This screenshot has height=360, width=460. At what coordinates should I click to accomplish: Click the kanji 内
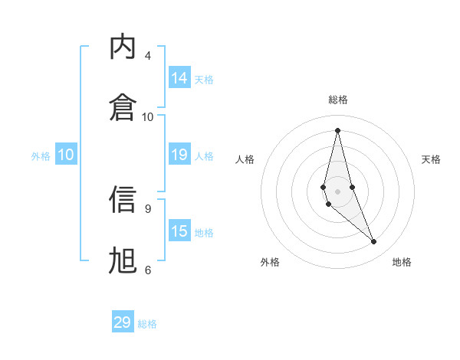pyautogui.click(x=123, y=47)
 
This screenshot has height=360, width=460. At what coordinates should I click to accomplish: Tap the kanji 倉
pyautogui.click(x=123, y=105)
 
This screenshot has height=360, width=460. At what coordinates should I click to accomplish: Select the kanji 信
pyautogui.click(x=123, y=200)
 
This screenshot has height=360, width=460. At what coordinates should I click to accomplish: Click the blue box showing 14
pyautogui.click(x=179, y=78)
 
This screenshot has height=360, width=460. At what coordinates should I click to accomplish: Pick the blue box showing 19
pyautogui.click(x=179, y=155)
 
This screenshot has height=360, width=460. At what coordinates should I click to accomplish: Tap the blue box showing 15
pyautogui.click(x=179, y=231)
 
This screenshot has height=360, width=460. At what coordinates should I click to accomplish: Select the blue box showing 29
pyautogui.click(x=123, y=322)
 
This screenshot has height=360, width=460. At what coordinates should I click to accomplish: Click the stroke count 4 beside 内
pyautogui.click(x=147, y=56)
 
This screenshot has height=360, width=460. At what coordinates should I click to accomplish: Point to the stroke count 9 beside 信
pyautogui.click(x=147, y=208)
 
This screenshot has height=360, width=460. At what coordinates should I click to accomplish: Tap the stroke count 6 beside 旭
pyautogui.click(x=147, y=269)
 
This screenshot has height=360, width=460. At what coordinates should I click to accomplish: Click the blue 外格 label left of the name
pyautogui.click(x=41, y=156)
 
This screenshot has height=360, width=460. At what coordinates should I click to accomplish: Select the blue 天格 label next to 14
pyautogui.click(x=204, y=79)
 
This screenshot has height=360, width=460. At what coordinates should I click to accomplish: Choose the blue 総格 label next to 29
pyautogui.click(x=147, y=324)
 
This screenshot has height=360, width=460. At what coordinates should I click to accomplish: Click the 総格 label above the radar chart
pyautogui.click(x=338, y=100)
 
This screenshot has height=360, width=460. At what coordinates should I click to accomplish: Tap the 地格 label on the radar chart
pyautogui.click(x=402, y=262)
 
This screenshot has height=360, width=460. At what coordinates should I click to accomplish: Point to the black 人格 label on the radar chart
pyautogui.click(x=245, y=159)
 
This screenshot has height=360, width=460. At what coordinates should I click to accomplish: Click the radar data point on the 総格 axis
pyautogui.click(x=337, y=129)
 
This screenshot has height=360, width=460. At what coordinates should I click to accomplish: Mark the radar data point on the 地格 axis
pyautogui.click(x=374, y=242)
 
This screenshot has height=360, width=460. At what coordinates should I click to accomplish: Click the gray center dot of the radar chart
pyautogui.click(x=337, y=191)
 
